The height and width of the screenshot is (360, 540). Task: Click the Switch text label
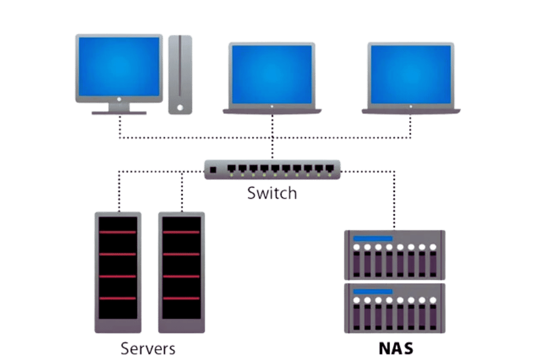tap(272, 193)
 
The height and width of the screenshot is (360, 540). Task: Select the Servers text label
tap(148, 347)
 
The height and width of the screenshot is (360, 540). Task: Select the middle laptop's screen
tap(272, 73)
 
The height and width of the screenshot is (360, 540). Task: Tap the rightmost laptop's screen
tap(411, 73)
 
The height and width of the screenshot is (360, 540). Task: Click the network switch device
tap(272, 170)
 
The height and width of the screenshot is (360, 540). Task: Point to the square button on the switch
tap(212, 170)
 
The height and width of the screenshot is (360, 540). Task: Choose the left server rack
tap(119, 272)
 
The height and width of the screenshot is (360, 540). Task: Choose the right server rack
tap(181, 272)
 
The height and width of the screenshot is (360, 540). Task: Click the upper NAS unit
tap(394, 254)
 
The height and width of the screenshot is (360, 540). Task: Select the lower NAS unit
tap(394, 307)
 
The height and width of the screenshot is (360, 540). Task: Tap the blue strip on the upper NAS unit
tap(373, 239)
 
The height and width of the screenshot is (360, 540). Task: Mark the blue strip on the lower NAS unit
tap(373, 292)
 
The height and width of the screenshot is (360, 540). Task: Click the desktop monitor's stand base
tap(119, 112)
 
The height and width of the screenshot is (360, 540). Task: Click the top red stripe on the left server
tap(119, 232)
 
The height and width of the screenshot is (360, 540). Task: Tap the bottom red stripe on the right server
tap(181, 298)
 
